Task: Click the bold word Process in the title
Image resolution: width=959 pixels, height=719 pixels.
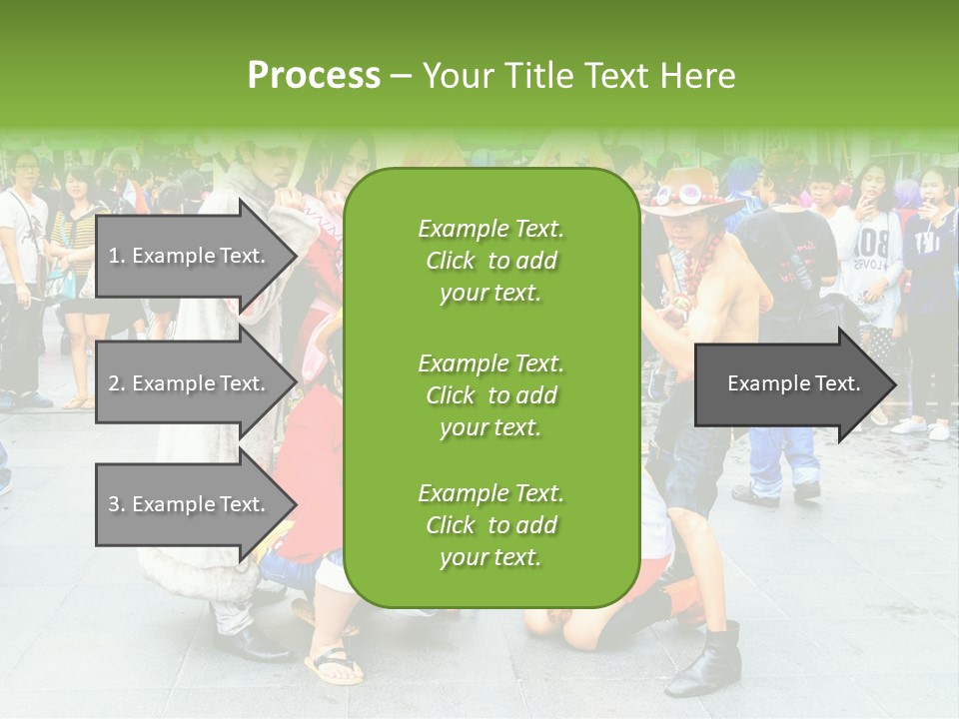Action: [x=314, y=76]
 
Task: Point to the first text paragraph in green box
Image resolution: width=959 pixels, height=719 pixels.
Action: [x=490, y=261]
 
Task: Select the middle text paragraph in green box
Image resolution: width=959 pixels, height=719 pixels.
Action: [x=490, y=394]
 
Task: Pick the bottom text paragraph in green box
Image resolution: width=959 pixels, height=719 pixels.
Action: [x=490, y=525]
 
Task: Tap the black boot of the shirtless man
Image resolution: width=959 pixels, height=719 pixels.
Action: [x=706, y=659]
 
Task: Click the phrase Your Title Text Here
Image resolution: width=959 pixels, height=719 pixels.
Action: [x=578, y=76]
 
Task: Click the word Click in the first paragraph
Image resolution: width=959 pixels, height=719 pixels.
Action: [x=451, y=261]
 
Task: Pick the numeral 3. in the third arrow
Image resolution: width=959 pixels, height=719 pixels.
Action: [x=117, y=504]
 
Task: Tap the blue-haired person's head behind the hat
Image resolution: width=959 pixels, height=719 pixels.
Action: [x=743, y=174]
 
